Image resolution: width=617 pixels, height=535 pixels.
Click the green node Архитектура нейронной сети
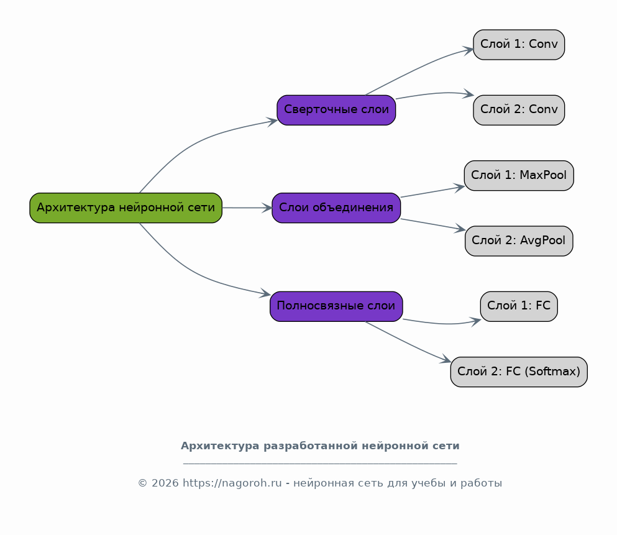126,208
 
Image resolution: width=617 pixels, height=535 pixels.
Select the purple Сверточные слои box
336,110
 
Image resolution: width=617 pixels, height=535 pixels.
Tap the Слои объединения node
336,208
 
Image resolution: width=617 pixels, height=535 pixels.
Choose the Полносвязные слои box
336,306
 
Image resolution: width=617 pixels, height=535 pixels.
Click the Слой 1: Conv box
519,45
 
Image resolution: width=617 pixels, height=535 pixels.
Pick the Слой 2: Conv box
519,110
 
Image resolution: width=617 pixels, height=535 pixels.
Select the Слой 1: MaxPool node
519,175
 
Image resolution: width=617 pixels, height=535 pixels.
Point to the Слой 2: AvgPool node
519,240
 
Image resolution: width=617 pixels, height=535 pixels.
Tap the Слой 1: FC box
519,306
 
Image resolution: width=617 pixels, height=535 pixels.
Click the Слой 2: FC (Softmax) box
519,372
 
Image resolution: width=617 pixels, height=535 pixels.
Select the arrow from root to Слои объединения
247,208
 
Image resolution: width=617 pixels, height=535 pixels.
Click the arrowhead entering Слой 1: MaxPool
460,186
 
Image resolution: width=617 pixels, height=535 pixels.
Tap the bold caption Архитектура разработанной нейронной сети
320,446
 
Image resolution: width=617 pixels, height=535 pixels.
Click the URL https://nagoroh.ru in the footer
232,483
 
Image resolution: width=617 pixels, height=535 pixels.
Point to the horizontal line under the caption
320,464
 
